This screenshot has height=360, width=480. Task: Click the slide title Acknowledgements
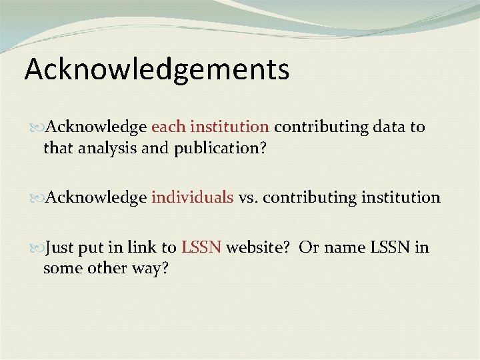point(157,69)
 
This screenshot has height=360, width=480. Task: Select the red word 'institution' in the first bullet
point(229,127)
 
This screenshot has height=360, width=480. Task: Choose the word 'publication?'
point(221,148)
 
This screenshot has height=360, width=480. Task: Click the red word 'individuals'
point(192,197)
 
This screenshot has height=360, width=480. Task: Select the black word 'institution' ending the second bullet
point(400,197)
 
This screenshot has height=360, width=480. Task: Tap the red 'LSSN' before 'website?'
point(201,248)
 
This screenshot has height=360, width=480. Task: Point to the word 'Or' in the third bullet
point(309,248)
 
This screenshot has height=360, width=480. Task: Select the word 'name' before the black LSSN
point(344,248)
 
